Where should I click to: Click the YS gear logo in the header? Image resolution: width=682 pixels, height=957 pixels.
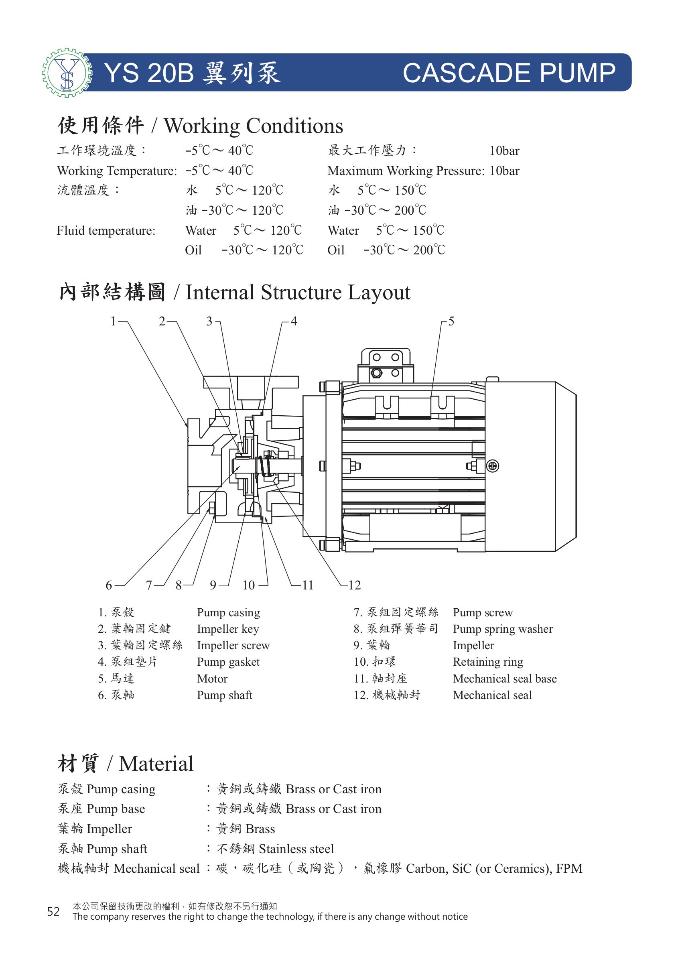click(x=67, y=73)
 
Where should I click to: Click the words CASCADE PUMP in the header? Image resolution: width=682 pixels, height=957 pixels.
click(x=509, y=73)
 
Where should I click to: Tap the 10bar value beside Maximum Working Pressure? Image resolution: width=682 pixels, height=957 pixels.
click(x=504, y=171)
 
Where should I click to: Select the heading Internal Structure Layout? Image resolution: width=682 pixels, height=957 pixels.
click(x=298, y=292)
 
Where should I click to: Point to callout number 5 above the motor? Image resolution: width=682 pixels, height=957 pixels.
click(x=451, y=321)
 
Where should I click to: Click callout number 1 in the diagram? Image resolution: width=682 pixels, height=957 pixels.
click(x=113, y=321)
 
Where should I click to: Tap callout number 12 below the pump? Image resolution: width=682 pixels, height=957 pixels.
click(x=354, y=585)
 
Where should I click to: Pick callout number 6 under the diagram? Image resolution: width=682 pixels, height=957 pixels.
click(x=109, y=585)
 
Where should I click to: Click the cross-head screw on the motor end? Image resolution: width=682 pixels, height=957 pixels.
click(x=493, y=466)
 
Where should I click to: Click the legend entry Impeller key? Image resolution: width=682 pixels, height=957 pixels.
click(x=228, y=629)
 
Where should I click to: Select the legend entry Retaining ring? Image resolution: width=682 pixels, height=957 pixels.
click(x=488, y=662)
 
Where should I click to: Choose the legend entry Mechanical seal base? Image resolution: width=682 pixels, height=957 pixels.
click(x=505, y=679)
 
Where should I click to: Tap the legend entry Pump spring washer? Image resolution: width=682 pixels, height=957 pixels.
click(x=503, y=629)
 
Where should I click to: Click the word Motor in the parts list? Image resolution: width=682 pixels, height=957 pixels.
click(x=212, y=679)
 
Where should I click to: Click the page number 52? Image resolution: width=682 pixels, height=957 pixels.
click(x=53, y=912)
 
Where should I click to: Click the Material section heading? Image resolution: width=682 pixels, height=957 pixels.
click(x=126, y=764)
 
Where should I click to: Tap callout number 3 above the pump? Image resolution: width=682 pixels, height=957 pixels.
click(x=209, y=321)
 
